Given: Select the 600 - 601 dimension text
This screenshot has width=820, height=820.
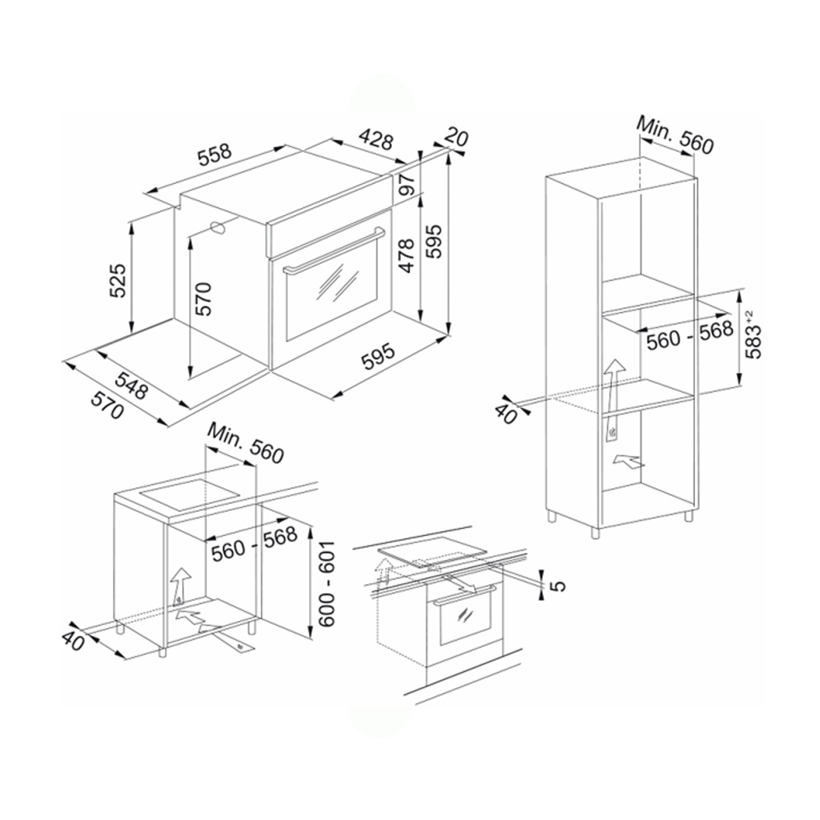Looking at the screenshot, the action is click(325, 584).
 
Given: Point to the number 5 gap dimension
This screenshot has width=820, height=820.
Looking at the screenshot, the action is click(557, 586).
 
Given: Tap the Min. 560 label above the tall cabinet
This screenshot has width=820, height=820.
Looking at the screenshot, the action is click(675, 136).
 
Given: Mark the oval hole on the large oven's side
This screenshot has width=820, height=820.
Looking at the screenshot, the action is click(219, 229).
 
